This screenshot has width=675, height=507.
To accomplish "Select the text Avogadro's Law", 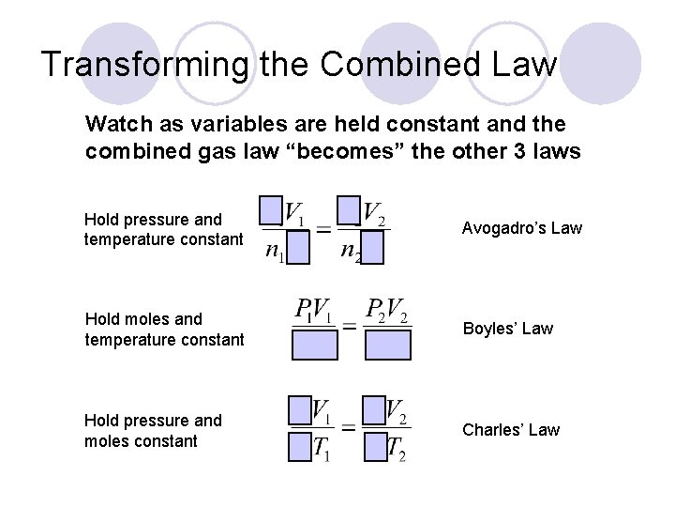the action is tap(522, 228).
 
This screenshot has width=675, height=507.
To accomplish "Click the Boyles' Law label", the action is tap(507, 329).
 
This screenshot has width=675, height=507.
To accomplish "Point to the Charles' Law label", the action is tap(511, 430).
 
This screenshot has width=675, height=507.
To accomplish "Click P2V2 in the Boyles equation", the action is tap(387, 310).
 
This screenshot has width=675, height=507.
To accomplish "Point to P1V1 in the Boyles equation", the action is tap(314, 310).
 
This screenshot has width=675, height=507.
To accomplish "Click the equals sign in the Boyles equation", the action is tap(349, 326).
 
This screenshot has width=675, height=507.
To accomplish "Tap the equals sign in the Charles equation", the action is tap(349, 427).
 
